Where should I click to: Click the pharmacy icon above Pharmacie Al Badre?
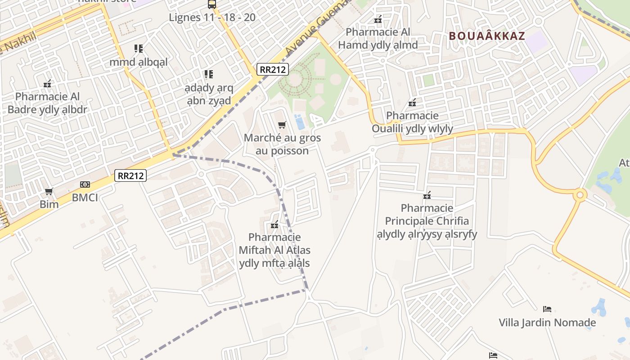(47, 84)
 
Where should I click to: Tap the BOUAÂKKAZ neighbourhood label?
(487, 36)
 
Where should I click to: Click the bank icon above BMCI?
(85, 184)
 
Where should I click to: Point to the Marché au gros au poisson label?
(282, 144)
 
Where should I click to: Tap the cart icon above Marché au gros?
(282, 125)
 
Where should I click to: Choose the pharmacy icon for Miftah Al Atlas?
(274, 225)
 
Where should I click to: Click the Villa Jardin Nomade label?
(547, 323)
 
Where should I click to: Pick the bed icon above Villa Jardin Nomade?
(547, 309)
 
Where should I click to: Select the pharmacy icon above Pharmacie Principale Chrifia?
(427, 195)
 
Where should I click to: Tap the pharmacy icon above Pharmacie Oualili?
(412, 103)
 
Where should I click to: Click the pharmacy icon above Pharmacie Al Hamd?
(378, 19)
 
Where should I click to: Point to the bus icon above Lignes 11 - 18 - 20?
(212, 4)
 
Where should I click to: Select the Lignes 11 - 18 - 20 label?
(212, 18)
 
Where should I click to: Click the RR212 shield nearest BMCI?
(130, 175)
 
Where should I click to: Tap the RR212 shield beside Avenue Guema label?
(273, 69)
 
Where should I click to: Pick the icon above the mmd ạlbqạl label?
(138, 49)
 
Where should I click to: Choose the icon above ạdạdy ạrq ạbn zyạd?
(208, 74)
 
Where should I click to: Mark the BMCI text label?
(85, 198)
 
